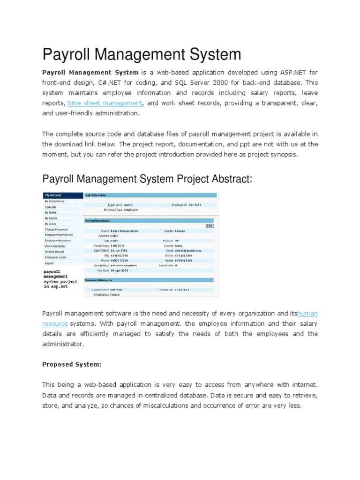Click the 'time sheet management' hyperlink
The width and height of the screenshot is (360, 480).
click(x=105, y=103)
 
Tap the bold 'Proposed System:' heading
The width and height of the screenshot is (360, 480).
click(x=72, y=364)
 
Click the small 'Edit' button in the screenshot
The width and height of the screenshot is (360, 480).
click(x=210, y=225)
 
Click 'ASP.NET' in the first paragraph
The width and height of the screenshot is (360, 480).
click(x=293, y=73)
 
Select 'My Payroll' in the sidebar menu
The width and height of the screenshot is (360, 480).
click(x=52, y=218)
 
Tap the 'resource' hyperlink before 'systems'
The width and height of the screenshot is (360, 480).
click(x=55, y=323)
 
